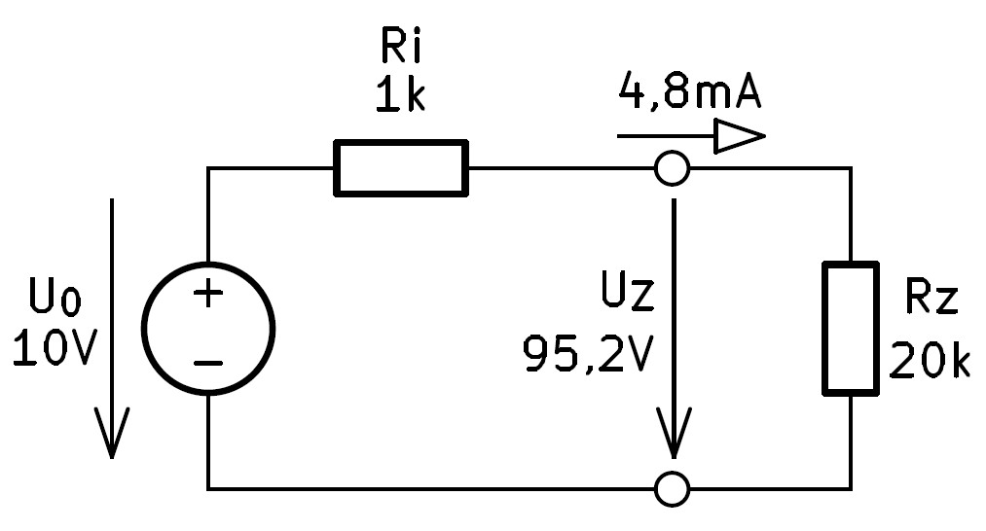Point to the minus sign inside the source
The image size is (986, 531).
point(208,363)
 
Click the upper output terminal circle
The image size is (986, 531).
point(673,152)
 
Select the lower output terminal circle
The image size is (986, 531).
point(673,472)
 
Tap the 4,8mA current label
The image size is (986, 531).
point(690,90)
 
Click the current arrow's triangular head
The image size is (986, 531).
point(740,136)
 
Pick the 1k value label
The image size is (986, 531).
point(400,95)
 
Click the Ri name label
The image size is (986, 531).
point(401,45)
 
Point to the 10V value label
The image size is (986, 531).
point(55,347)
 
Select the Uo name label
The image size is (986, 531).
point(55,297)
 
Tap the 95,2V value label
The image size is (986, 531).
point(589,355)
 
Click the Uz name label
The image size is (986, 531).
point(628,292)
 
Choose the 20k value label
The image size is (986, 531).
point(931,360)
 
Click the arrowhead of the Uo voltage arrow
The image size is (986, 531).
point(112,433)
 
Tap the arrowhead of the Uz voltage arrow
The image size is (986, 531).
point(675,433)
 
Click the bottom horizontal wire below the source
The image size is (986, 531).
point(431,488)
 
